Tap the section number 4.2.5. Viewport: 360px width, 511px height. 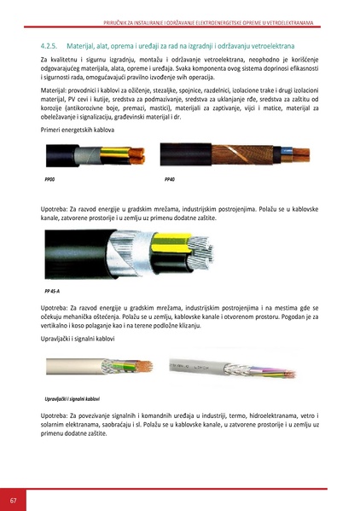coord(53,41)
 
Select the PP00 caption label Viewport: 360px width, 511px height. coord(49,181)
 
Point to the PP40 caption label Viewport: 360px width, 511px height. coord(169,181)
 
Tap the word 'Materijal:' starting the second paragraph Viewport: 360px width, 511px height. coord(57,90)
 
